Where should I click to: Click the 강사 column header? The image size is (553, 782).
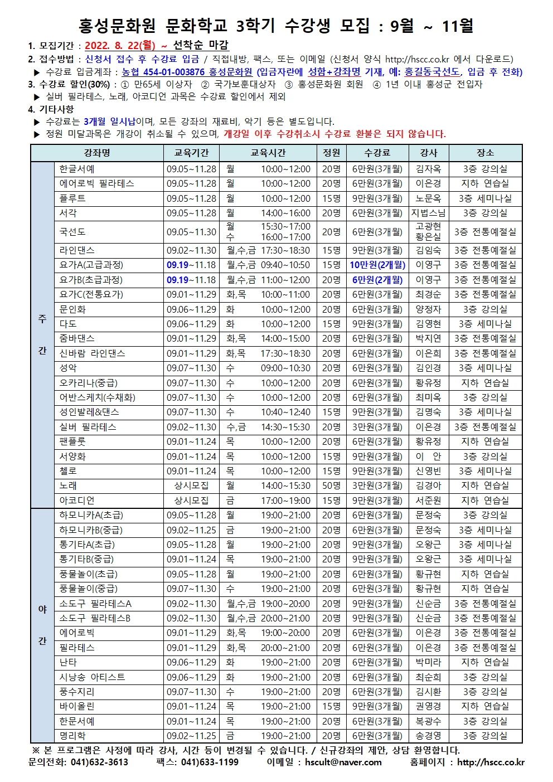coord(428,153)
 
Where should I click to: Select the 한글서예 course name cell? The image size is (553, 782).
coord(77,169)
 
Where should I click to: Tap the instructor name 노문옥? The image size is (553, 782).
coord(428,198)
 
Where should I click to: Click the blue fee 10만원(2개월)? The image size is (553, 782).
coord(377,265)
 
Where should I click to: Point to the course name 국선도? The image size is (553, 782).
coord(72,232)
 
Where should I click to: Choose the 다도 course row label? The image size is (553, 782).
coord(68,324)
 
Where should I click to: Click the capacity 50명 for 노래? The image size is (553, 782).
coord(331,485)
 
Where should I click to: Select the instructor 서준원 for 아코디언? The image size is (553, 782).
coord(428,501)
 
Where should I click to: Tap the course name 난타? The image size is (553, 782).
coord(68,662)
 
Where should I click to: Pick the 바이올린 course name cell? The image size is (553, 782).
coord(77,706)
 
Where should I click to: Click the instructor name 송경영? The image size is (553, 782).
coord(428,736)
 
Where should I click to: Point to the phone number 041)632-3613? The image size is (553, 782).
coord(99,762)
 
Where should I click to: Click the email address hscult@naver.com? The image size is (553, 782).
coord(343,762)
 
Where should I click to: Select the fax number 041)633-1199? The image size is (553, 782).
coord(210,762)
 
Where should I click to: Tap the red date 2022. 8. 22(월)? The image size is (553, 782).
coord(120,46)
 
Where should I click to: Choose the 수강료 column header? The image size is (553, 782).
coord(377,153)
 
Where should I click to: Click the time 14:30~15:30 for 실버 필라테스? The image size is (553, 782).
coord(285,427)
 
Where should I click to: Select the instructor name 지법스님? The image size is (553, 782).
coord(428,213)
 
